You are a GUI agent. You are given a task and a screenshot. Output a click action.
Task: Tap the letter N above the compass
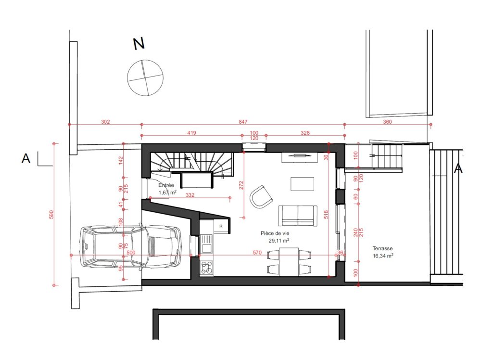tap(139, 44)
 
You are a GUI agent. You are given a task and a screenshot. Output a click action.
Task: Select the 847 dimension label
tap(243, 122)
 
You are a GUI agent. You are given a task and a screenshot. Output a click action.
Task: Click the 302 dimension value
tap(105, 122)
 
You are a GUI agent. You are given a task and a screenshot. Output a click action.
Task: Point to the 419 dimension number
tap(191, 133)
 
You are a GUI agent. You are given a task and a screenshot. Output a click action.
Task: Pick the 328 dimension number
tap(305, 133)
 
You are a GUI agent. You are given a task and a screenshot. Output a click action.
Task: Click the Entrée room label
tap(166, 185)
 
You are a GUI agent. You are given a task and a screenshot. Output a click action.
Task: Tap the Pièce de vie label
tap(275, 233)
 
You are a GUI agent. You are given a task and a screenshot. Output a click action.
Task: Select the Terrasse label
tap(382, 249)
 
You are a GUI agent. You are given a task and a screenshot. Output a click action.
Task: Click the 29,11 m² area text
tap(279, 241)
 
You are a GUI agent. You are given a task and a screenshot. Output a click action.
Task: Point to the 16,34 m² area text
tap(383, 256)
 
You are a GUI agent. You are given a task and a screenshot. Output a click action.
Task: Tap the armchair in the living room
tap(261, 197)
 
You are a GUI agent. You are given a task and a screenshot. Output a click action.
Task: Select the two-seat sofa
tap(298, 216)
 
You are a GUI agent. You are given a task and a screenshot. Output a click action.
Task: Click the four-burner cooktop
tap(206, 267)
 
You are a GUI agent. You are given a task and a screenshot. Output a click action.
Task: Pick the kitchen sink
tap(206, 244)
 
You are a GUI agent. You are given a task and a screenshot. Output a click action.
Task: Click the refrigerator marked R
tap(221, 226)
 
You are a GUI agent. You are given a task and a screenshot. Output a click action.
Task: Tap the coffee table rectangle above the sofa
tap(302, 184)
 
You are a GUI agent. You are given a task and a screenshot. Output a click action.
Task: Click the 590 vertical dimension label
tap(51, 215)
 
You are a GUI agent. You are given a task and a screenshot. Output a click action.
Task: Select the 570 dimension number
tap(257, 253)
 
